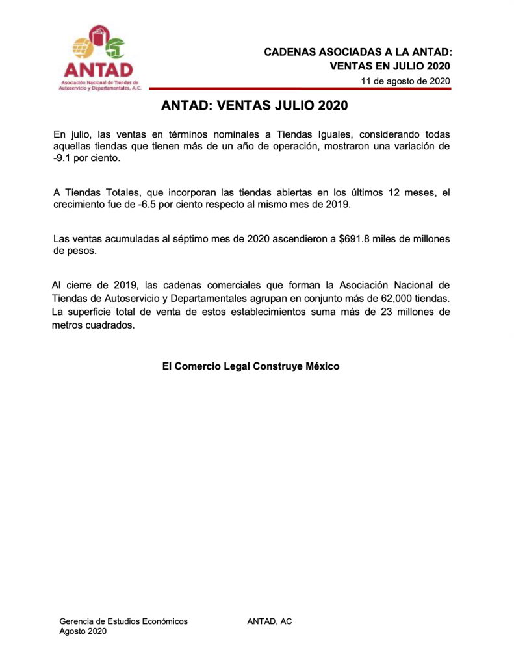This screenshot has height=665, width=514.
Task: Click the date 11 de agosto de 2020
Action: pos(406,81)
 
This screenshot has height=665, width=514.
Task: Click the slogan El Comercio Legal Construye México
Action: pos(251,366)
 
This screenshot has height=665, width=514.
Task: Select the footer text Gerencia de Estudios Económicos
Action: pos(123,621)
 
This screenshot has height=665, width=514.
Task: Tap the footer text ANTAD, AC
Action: pos(270,621)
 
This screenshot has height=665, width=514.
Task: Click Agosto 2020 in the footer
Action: pos(83,631)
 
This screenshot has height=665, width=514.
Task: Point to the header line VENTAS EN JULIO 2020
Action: pos(390,66)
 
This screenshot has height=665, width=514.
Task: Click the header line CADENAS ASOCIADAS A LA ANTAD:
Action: pos(357,52)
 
